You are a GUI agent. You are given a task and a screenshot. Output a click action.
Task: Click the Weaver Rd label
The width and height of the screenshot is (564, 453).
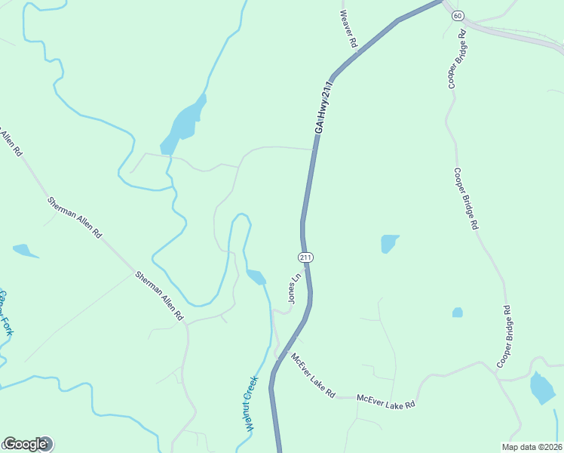(x=348, y=29)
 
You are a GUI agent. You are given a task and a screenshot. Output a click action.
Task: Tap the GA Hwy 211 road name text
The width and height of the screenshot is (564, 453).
(x=323, y=107)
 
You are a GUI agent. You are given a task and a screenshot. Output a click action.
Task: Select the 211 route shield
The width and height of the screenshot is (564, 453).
(x=305, y=257)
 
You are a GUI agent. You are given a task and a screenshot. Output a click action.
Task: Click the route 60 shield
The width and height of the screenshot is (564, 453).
(x=458, y=15)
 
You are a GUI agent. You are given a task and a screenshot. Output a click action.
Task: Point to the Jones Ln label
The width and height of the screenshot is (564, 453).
(x=295, y=288)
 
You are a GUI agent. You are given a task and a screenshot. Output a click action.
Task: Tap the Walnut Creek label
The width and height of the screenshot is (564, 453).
(x=251, y=403)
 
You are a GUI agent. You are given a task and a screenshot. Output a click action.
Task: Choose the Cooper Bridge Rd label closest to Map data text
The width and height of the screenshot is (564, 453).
(x=504, y=337)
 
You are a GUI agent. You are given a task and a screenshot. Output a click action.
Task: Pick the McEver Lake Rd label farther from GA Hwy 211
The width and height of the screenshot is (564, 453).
(x=386, y=401)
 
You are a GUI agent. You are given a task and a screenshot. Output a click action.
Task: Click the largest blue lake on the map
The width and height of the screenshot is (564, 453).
(x=182, y=123)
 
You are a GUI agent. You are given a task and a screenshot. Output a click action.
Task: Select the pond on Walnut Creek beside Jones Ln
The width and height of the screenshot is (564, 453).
(x=256, y=277)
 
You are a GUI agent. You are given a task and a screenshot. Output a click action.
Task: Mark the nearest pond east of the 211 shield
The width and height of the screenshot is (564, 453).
(x=389, y=243)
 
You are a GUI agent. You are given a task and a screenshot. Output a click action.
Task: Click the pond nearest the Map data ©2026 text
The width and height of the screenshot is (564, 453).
(x=542, y=387)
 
